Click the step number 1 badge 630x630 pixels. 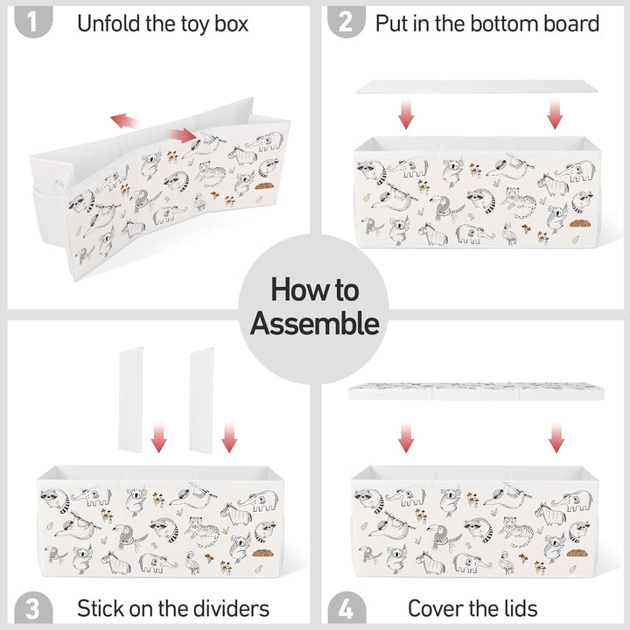point(33,22)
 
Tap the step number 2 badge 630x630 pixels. point(346,22)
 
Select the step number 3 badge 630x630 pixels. point(33,607)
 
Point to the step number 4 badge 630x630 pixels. point(346,607)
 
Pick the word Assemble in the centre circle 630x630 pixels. point(315,323)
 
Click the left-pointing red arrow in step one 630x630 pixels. point(123,120)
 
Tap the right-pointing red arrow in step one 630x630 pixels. point(183,136)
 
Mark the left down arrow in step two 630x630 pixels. point(406,114)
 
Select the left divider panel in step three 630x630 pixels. point(131,399)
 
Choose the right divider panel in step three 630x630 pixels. point(202,401)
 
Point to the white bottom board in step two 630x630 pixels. point(477,87)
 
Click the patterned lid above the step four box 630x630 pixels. point(476,391)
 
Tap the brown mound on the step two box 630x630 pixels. point(579,223)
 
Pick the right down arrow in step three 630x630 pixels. point(229,437)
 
